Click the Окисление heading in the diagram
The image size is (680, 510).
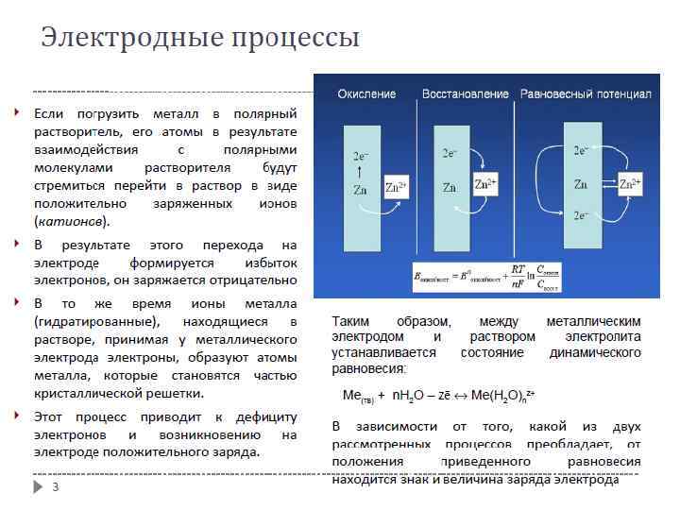366,94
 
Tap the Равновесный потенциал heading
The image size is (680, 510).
586,94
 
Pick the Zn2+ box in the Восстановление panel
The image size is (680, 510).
485,183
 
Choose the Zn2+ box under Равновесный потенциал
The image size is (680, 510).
629,184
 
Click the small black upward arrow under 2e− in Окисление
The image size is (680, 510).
360,173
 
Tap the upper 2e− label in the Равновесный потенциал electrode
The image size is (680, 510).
581,150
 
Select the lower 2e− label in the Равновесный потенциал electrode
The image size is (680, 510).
581,216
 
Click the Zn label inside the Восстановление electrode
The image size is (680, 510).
450,187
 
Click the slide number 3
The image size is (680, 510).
55,487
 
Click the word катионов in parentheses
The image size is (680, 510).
71,221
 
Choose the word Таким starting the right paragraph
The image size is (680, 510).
351,321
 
